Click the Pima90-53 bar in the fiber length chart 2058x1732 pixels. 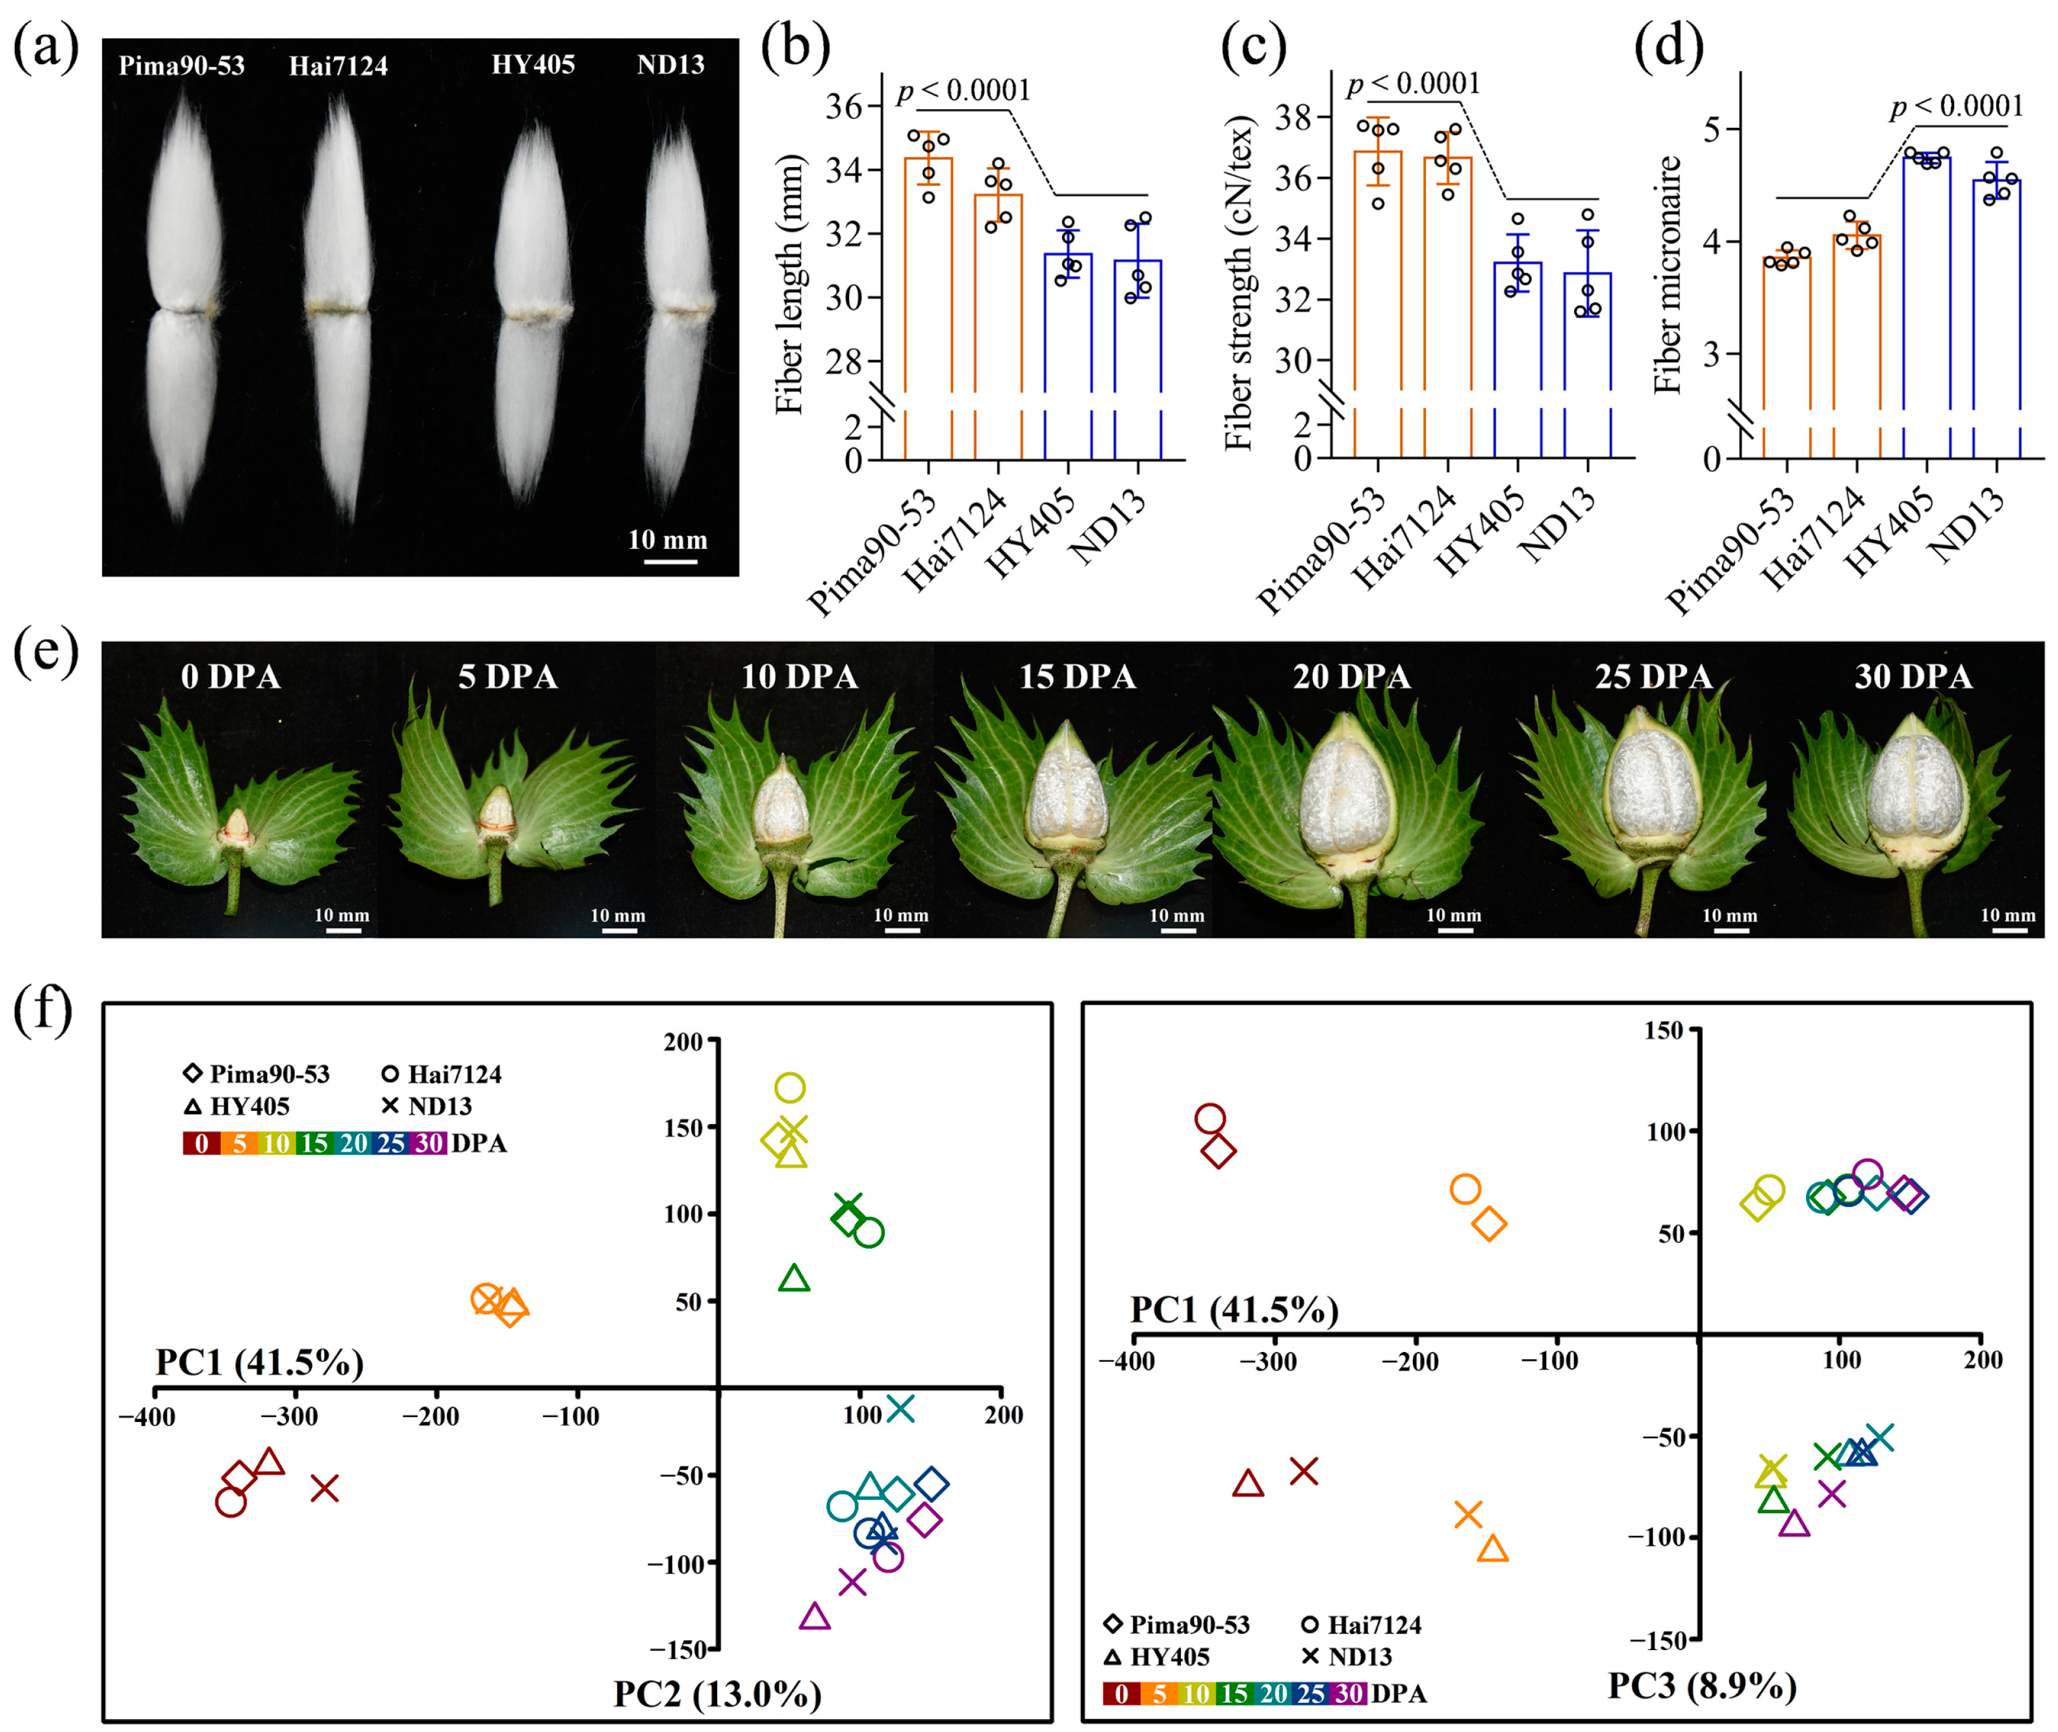928,275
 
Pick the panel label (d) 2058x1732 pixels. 1668,46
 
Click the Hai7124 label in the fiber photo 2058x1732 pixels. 338,66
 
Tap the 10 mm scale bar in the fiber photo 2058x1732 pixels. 670,561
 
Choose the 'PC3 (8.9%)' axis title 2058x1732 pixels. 1701,1685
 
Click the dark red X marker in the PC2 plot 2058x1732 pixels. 325,1488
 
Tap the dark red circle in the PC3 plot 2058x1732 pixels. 1210,1118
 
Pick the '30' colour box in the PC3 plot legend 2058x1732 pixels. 1349,1694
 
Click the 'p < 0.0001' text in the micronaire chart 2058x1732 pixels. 1957,106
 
